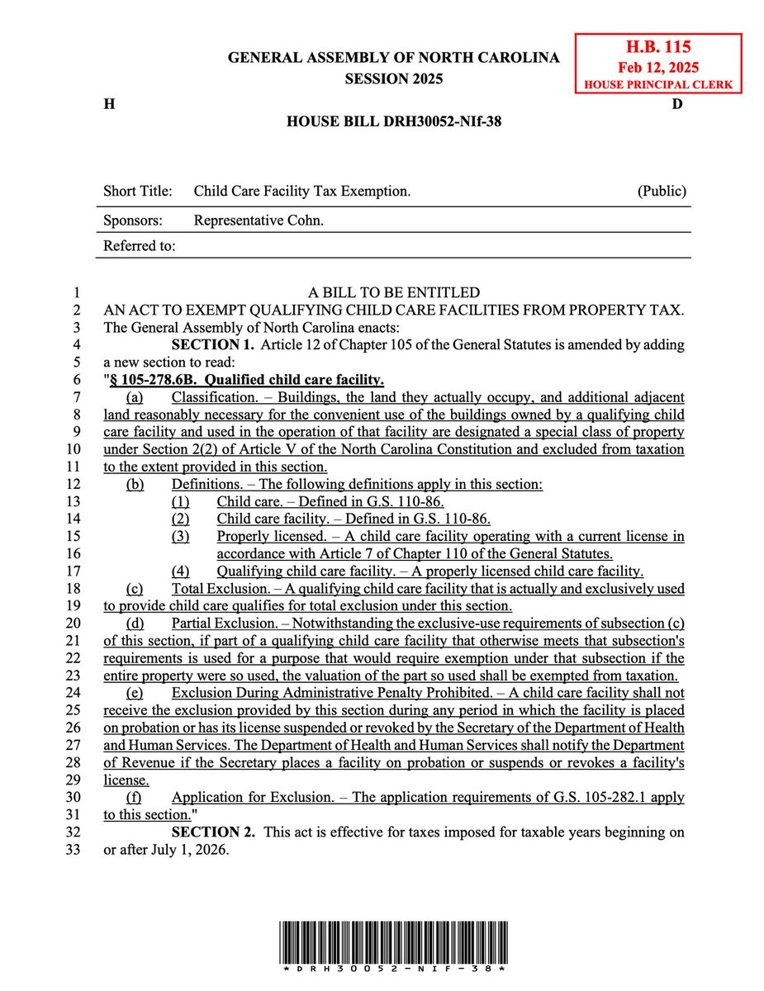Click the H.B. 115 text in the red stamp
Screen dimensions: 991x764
tap(658, 48)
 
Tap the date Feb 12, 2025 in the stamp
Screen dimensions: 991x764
tap(658, 67)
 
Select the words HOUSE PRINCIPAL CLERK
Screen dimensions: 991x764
tap(658, 84)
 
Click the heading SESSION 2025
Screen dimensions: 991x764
tap(393, 79)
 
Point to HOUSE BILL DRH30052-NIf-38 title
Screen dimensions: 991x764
tap(393, 121)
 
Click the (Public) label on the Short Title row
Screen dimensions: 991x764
tap(662, 192)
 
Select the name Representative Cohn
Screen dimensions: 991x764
tap(259, 220)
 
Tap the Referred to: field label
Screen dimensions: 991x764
tap(139, 246)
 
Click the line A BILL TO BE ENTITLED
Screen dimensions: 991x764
tap(393, 292)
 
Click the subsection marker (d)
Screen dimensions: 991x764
tap(134, 624)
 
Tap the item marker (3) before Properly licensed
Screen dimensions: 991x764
tap(180, 537)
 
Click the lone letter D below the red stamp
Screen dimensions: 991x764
tap(676, 105)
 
